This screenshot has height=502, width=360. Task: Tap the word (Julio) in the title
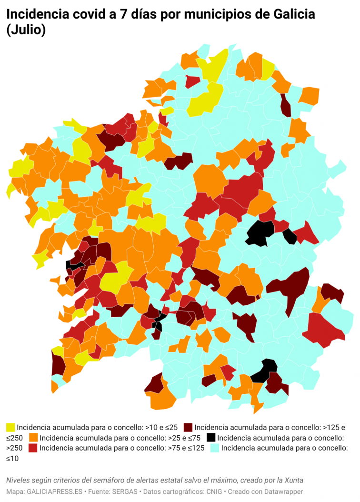(x=26, y=30)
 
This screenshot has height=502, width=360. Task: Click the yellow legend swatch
(x=10, y=427)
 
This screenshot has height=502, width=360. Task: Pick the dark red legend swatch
(x=188, y=427)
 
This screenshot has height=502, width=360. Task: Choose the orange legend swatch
(x=34, y=437)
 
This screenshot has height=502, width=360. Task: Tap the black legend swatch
(x=211, y=437)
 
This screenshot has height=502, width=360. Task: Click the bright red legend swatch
(x=33, y=448)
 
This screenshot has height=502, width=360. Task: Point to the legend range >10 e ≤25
(x=155, y=427)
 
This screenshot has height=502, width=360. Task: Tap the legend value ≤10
(x=14, y=458)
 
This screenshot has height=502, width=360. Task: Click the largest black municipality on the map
(x=260, y=232)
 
